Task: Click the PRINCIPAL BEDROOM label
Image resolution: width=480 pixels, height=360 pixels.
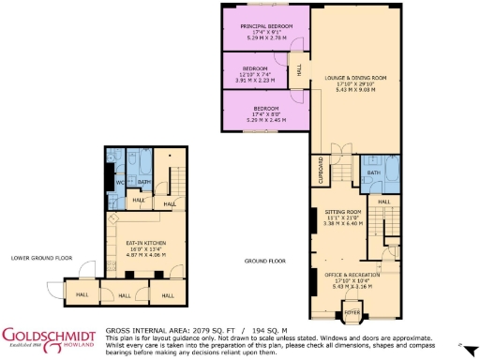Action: (x=266, y=25)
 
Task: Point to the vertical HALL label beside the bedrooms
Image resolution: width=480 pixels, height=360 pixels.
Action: (x=300, y=70)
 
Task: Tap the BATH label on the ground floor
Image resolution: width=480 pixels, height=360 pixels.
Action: (x=372, y=172)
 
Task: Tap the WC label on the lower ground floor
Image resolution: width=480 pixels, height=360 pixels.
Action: (x=120, y=181)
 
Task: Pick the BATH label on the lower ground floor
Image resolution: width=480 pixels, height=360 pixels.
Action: (x=145, y=181)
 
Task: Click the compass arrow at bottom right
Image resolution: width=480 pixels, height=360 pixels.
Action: (x=473, y=345)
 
